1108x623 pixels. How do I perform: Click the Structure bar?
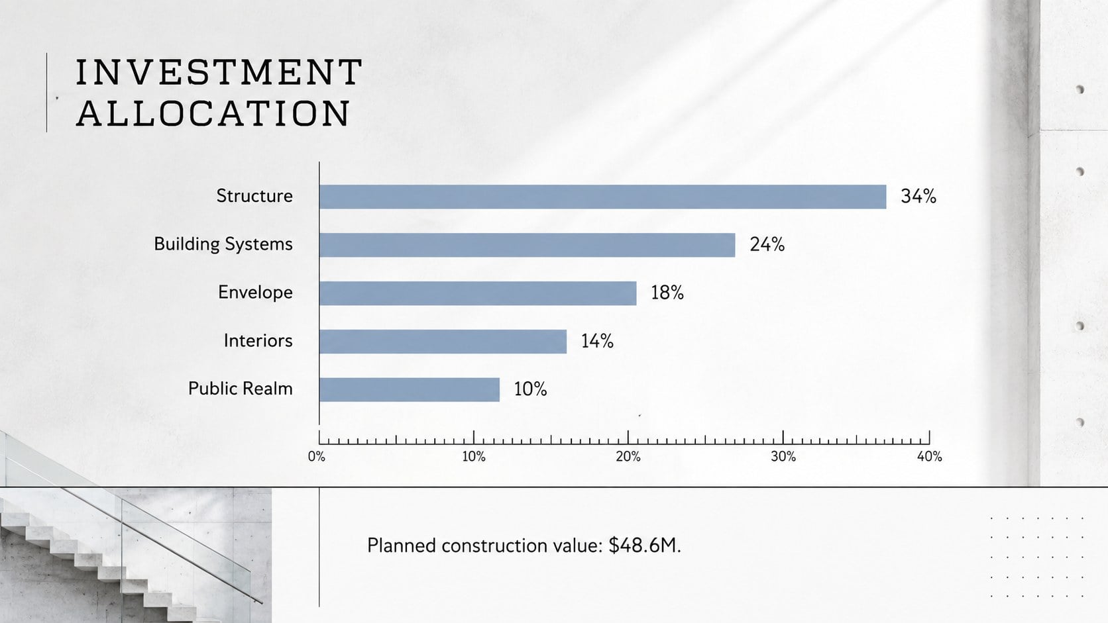click(603, 197)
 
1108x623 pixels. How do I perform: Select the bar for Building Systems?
click(527, 245)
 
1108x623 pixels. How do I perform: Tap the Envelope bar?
click(478, 293)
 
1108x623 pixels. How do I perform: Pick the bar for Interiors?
click(443, 342)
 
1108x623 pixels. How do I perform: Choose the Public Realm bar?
click(410, 390)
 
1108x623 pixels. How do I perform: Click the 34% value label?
click(918, 197)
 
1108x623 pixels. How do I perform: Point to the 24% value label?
click(767, 244)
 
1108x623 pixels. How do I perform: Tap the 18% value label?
click(667, 293)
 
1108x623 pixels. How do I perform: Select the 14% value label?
click(598, 342)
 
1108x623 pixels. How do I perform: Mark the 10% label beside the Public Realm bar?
click(530, 389)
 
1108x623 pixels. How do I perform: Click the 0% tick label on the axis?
click(317, 457)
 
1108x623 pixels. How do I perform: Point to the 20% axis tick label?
click(628, 457)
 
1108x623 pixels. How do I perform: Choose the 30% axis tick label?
click(783, 457)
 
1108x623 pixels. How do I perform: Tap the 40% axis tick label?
click(930, 457)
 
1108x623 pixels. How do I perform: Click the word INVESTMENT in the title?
click(219, 72)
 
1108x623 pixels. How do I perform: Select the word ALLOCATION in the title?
click(213, 113)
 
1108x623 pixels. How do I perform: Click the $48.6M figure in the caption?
click(645, 546)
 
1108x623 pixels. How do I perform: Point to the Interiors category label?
click(258, 341)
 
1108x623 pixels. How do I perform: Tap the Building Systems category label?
click(223, 244)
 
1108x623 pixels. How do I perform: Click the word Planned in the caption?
click(401, 546)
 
